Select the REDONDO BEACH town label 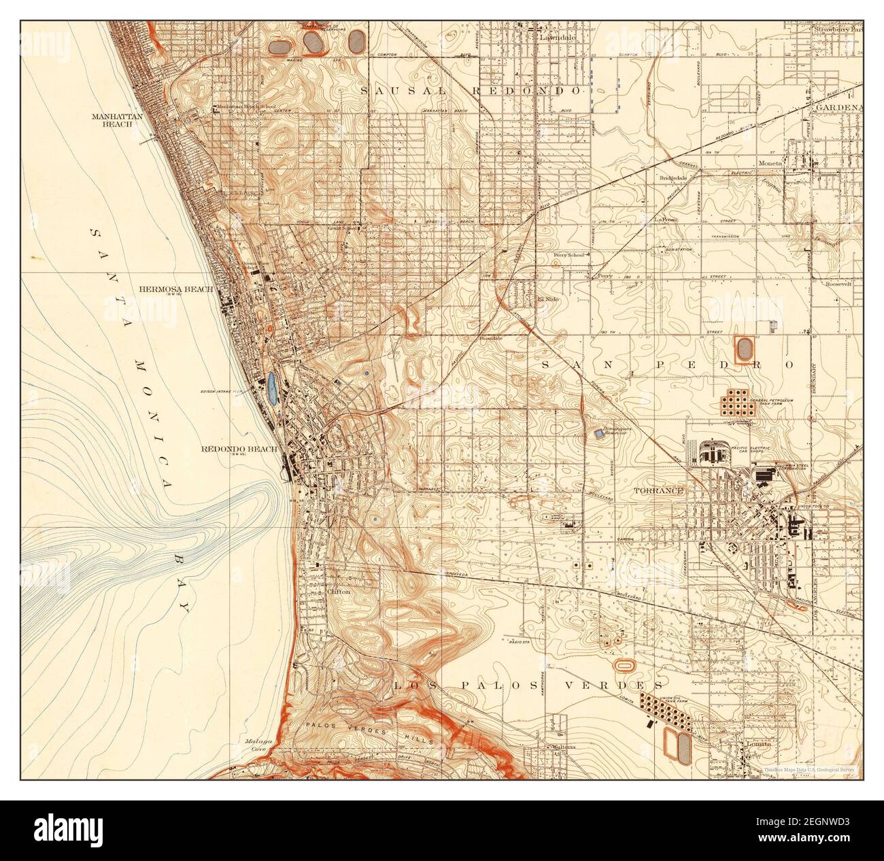pyautogui.click(x=239, y=450)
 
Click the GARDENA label pyautogui.click(x=838, y=107)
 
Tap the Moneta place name pyautogui.click(x=772, y=163)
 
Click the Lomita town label pyautogui.click(x=756, y=744)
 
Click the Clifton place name pyautogui.click(x=338, y=592)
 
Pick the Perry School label pyautogui.click(x=568, y=256)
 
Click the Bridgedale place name pyautogui.click(x=673, y=178)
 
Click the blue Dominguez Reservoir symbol pyautogui.click(x=598, y=433)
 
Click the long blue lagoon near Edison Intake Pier pyautogui.click(x=272, y=388)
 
